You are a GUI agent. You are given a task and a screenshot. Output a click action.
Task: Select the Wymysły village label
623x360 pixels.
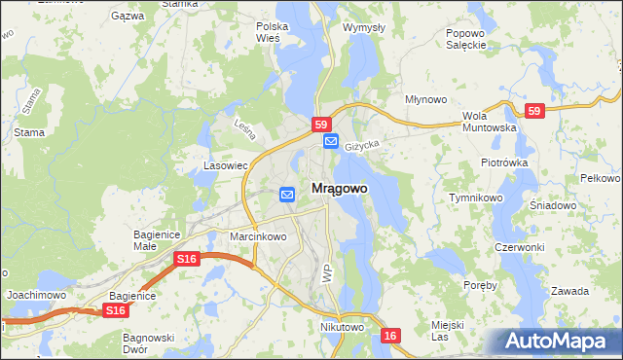pyautogui.click(x=365, y=27)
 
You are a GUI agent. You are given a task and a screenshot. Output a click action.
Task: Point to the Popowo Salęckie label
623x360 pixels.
pyautogui.click(x=465, y=38)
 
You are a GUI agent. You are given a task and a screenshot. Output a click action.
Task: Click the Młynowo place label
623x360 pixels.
pyautogui.click(x=425, y=99)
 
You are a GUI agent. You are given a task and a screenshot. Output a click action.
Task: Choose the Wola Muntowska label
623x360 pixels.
pyautogui.click(x=488, y=121)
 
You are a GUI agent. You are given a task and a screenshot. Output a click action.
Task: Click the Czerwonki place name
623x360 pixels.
pyautogui.click(x=519, y=247)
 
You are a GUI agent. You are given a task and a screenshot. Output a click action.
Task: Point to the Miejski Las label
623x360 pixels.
pyautogui.click(x=447, y=330)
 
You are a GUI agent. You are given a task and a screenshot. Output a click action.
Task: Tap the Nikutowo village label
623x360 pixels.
pyautogui.click(x=342, y=328)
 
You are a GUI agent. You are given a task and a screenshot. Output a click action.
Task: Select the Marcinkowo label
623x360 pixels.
pyautogui.click(x=258, y=236)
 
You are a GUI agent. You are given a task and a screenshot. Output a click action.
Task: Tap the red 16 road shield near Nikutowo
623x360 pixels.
pyautogui.click(x=390, y=336)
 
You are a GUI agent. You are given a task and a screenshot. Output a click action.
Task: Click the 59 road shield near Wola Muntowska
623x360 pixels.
pyautogui.click(x=533, y=111)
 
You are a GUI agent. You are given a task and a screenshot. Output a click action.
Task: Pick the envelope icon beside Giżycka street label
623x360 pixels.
pyautogui.click(x=331, y=142)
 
